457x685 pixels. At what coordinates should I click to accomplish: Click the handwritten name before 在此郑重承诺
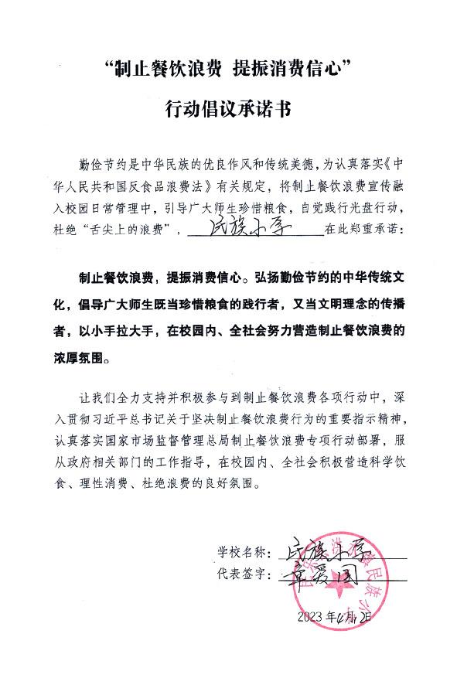point(252,230)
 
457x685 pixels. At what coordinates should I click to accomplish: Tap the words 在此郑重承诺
point(367,230)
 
